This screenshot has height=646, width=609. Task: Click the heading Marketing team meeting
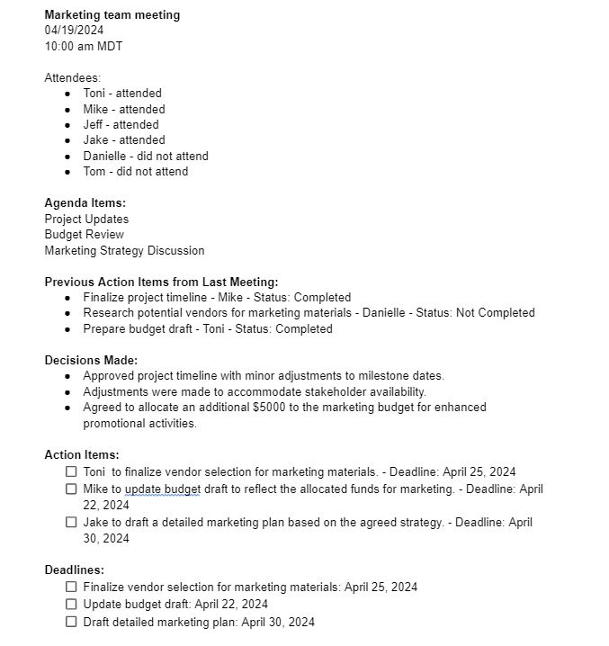(112, 14)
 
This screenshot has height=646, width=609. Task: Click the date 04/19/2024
(74, 30)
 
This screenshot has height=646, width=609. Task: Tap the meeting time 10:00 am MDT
(83, 46)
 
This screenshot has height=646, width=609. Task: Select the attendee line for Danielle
(145, 156)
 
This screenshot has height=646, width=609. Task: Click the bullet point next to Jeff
(68, 125)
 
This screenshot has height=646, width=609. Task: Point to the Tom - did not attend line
(135, 171)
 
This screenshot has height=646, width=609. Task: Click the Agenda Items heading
(85, 203)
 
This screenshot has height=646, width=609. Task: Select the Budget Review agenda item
(84, 234)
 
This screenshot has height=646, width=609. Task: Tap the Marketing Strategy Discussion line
(124, 250)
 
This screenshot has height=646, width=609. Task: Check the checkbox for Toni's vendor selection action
(71, 471)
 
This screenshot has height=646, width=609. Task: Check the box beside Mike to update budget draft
(71, 489)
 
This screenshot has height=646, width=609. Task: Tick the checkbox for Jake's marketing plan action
(71, 522)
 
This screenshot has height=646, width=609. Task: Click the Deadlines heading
(74, 570)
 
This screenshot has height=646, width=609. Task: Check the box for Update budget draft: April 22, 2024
(71, 604)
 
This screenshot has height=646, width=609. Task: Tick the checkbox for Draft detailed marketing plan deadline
(71, 622)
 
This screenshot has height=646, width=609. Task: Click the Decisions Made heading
(91, 360)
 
